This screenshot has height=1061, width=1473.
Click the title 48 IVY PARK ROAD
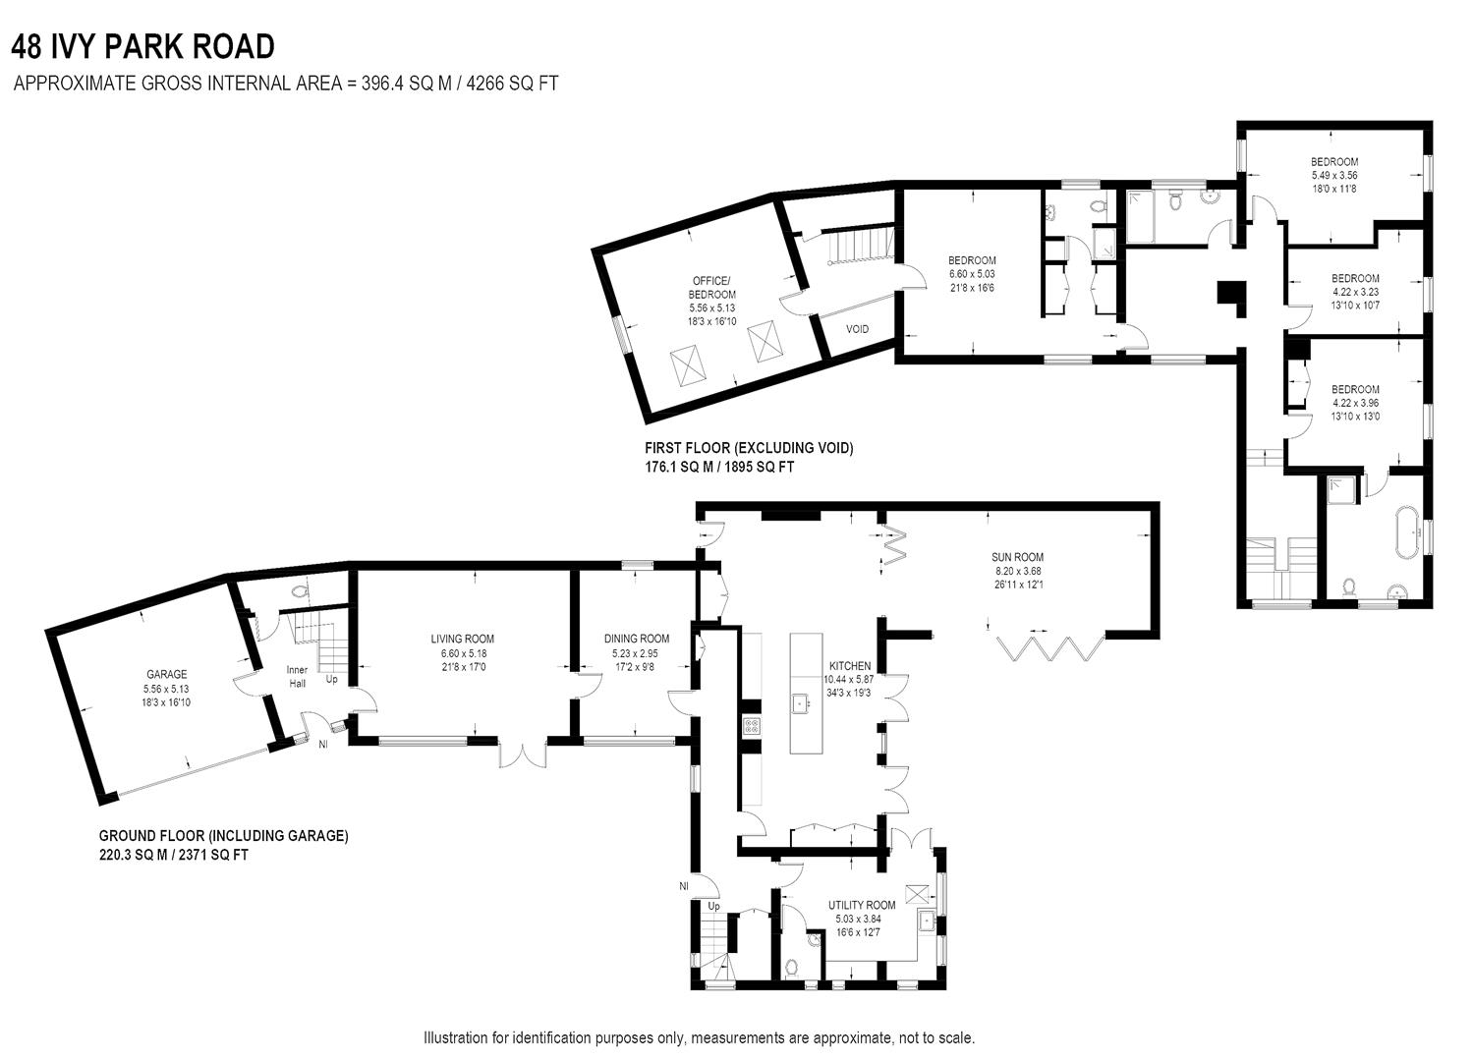(x=143, y=46)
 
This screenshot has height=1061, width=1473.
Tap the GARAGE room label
(x=166, y=674)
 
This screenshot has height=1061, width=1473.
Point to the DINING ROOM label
(x=636, y=639)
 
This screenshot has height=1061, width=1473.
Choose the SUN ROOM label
(x=1016, y=557)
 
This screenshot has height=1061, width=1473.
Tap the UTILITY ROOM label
(x=861, y=905)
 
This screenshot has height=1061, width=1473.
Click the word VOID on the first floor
(x=857, y=329)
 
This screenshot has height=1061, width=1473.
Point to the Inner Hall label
(x=297, y=676)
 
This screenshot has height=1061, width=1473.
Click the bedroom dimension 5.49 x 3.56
(x=1333, y=175)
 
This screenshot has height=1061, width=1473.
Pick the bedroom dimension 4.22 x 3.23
(x=1355, y=292)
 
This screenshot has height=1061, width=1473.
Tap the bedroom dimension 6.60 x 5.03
(x=972, y=273)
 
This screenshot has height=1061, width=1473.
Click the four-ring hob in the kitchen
(x=752, y=727)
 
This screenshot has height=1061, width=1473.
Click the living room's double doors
(x=523, y=753)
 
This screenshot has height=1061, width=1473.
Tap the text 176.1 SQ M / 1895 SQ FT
(x=718, y=468)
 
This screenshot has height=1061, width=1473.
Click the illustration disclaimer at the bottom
(x=699, y=1037)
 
